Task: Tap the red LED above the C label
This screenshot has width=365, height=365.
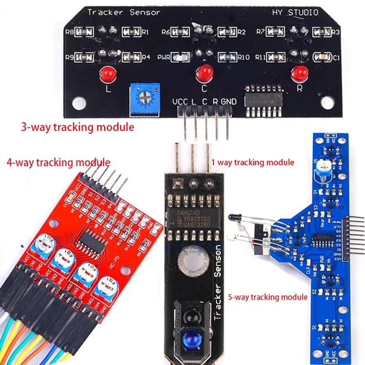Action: [x=204, y=72]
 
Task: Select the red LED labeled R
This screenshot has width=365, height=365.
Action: [x=300, y=73]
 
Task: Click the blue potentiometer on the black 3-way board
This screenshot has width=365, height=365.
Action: [x=144, y=94]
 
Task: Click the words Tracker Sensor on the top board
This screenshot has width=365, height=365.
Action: [x=123, y=13]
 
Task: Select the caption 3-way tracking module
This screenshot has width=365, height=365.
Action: [x=78, y=127]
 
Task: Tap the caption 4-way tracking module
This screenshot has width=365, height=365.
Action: [x=58, y=162]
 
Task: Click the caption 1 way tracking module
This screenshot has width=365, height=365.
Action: [x=253, y=162]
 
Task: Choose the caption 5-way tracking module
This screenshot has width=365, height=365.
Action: [x=268, y=297]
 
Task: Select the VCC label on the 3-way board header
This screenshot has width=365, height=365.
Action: [x=181, y=101]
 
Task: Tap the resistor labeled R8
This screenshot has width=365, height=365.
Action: [x=84, y=32]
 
